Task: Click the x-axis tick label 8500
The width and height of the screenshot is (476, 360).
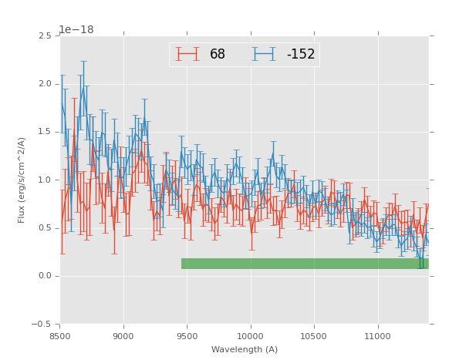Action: coord(60,336)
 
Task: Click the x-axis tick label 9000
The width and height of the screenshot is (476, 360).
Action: coord(123,336)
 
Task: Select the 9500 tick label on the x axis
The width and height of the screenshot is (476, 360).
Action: coord(187,336)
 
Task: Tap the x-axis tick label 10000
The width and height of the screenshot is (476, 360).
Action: coord(250,336)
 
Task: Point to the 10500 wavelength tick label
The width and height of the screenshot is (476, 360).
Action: coord(313,336)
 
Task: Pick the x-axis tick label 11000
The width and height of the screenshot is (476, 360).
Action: coord(376,336)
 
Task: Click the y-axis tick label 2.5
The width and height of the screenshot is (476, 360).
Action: coord(44,36)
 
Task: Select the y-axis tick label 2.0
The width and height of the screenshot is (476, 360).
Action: coord(44,84)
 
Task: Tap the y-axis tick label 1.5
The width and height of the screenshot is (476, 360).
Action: coord(44,132)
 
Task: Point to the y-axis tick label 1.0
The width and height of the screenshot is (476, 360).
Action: coord(44,180)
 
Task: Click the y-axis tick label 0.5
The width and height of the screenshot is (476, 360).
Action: coord(44,228)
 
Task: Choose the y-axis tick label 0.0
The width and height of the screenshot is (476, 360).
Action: coord(44,276)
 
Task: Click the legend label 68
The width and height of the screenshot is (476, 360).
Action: coord(218,55)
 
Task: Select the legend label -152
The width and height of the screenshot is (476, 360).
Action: coord(301,55)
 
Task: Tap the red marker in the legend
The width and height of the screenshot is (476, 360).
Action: coord(187,54)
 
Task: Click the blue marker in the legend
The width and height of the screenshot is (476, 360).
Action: coord(265,54)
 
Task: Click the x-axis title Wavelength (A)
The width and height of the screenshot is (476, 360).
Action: coord(244,350)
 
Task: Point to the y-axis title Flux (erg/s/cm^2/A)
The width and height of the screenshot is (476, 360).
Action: coord(22,180)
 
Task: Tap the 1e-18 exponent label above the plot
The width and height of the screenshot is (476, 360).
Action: coord(76,29)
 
